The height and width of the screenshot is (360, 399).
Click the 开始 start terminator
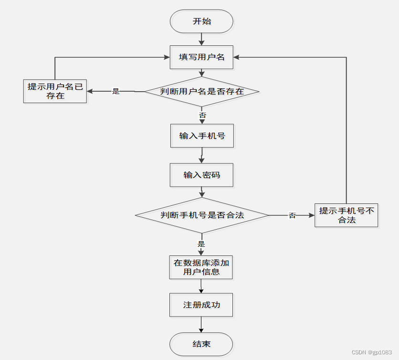[201, 21]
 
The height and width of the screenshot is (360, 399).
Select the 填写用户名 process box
[201, 57]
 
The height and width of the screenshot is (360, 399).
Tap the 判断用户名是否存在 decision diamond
[201, 91]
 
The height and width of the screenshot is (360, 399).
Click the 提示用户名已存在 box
[55, 91]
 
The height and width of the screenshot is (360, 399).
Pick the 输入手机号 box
[202, 136]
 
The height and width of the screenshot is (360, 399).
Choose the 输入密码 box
[201, 175]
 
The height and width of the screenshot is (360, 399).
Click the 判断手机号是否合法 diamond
[201, 215]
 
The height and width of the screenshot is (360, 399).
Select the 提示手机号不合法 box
[346, 215]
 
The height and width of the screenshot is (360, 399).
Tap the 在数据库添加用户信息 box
[201, 267]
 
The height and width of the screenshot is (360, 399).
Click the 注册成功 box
[201, 305]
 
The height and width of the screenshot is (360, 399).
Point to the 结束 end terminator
[201, 344]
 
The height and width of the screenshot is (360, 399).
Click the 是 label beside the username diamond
[115, 91]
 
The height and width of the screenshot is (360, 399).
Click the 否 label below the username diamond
[202, 115]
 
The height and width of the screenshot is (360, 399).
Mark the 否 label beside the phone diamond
[292, 216]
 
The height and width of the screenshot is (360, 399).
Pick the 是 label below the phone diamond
[201, 244]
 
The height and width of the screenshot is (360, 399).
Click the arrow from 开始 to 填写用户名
[202, 39]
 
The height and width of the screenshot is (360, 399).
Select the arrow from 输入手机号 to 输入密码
[202, 156]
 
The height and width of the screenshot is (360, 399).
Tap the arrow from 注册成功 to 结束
[201, 325]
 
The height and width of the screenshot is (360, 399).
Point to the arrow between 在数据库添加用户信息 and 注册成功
[201, 286]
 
